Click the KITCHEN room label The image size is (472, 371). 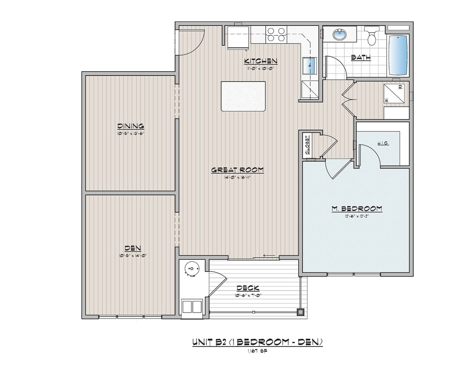tap(261, 61)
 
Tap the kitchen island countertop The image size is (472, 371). tap(244, 96)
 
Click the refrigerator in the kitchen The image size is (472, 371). tap(238, 36)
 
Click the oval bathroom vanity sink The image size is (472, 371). tap(339, 34)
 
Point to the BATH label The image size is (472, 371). tap(361, 57)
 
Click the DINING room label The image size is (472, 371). tap(130, 126)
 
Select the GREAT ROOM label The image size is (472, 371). tap(237, 170)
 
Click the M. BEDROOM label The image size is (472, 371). tap(356, 208)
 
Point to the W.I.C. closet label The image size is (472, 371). tap(384, 143)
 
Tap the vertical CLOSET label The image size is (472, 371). tap(307, 144)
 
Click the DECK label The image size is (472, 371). tap(248, 288)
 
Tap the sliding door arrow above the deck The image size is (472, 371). tap(269, 256)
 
